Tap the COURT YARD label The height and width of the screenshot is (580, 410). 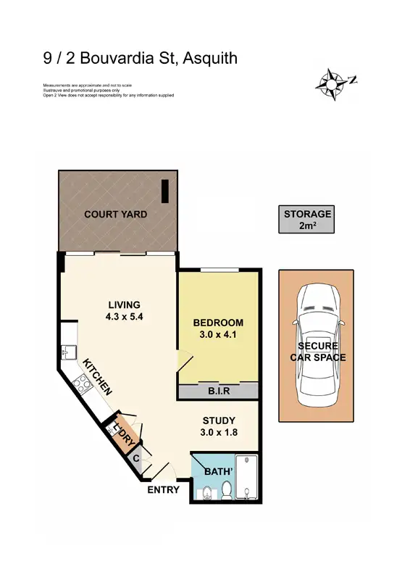tap(116, 215)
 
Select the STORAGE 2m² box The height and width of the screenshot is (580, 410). tap(307, 220)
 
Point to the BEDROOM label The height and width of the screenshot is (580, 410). tap(218, 323)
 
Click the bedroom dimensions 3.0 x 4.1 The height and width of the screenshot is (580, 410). tap(218, 335)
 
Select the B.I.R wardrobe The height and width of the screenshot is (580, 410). tap(219, 391)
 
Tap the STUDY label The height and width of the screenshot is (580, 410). tap(219, 420)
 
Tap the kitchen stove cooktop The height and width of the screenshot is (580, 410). tap(80, 382)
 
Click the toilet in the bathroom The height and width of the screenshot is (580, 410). tap(227, 493)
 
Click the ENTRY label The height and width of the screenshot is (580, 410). tap(163, 490)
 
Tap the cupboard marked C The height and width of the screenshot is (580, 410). tap(135, 458)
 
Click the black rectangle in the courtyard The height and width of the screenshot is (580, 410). tap(164, 191)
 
